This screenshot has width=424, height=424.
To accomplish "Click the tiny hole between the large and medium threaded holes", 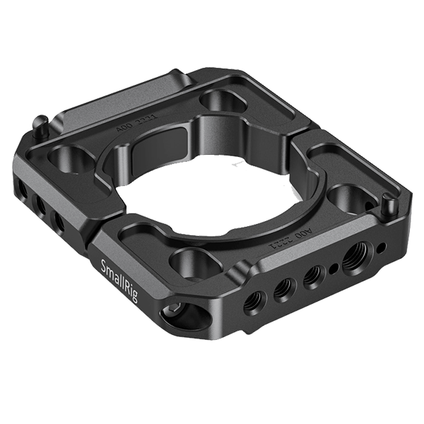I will point(332,268).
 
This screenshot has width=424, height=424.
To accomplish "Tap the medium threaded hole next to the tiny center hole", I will point(311,277).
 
